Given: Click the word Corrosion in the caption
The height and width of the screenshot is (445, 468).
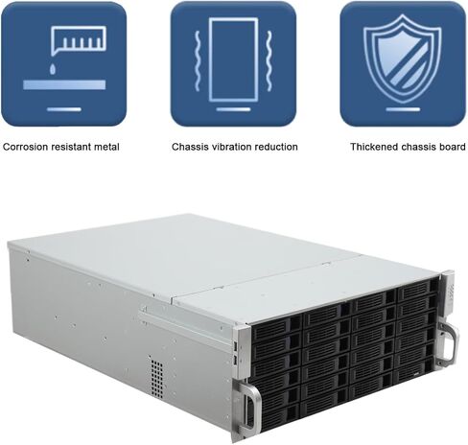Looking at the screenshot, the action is pos(26,147).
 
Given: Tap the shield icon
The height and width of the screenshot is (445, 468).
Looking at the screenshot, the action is pos(403,59).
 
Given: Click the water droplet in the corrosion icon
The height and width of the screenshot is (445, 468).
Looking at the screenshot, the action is pos(53,69).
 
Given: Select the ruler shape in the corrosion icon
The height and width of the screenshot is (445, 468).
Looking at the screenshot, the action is pos(79,40).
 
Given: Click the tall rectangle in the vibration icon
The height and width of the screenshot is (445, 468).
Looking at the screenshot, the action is pos(233,59).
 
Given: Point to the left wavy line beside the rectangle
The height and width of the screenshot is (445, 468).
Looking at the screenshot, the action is pos(198,60).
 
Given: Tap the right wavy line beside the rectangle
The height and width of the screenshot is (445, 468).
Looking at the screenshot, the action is pos(269,60).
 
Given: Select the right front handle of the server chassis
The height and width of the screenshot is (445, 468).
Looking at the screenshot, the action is pos(447,342).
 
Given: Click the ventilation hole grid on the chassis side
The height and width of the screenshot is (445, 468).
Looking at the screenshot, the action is pos(157,379).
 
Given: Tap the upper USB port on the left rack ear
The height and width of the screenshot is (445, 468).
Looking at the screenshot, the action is pos(236,346).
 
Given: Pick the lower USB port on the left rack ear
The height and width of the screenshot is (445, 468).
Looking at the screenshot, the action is pos(236,361).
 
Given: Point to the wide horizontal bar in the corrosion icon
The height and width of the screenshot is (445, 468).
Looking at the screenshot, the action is pos(64,85).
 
